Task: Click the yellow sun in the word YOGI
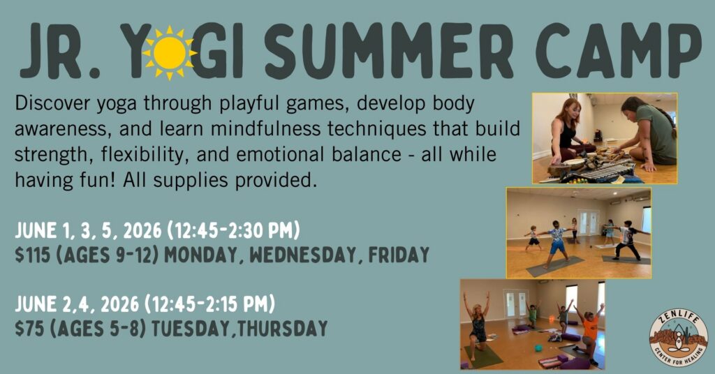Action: (x=170, y=53)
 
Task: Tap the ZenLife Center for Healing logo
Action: (x=679, y=337)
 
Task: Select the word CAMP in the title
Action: (x=618, y=50)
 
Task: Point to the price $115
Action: (x=32, y=255)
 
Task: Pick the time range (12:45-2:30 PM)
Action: (x=233, y=230)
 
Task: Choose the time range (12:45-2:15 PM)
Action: (x=209, y=304)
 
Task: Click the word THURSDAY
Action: (x=282, y=329)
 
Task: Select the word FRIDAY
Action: (x=399, y=255)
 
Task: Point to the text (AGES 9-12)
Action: (x=107, y=255)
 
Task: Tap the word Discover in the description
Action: (x=52, y=103)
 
